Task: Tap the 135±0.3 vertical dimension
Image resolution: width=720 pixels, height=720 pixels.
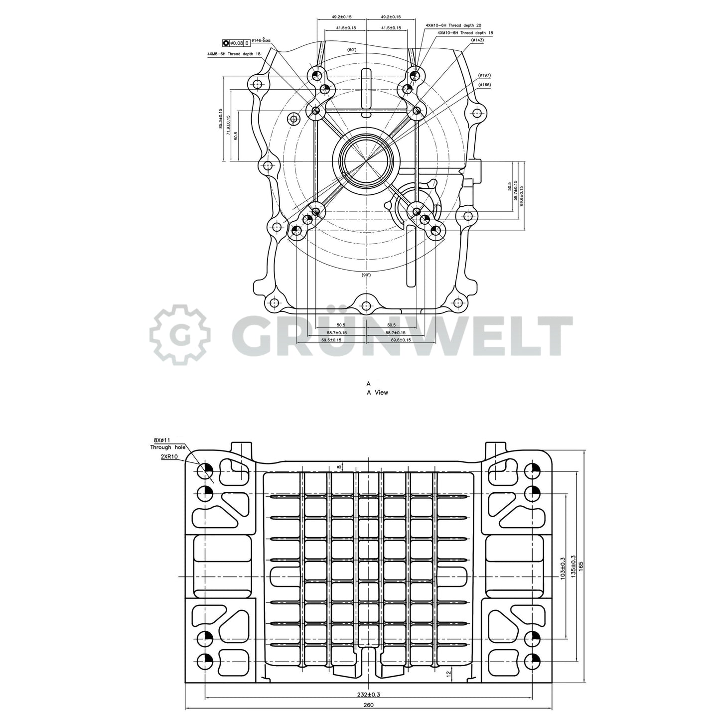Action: click(573, 567)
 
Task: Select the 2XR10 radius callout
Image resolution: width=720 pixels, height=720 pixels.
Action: click(169, 455)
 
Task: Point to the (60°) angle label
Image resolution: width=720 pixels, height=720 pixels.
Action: click(352, 50)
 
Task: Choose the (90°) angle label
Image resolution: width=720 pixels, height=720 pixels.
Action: click(366, 275)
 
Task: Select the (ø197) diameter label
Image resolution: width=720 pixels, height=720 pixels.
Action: click(484, 75)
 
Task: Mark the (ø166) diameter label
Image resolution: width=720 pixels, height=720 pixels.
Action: click(484, 85)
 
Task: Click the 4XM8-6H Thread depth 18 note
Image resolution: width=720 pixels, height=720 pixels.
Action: click(234, 53)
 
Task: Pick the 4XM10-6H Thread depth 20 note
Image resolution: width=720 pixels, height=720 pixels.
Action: click(453, 24)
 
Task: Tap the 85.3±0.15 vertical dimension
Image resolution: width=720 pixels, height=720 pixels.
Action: click(221, 119)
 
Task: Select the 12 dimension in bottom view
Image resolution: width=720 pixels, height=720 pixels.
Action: click(448, 673)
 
